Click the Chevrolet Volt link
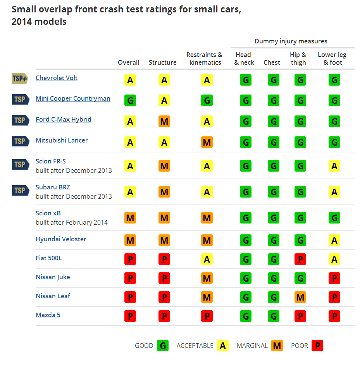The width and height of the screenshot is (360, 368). pos(57,78)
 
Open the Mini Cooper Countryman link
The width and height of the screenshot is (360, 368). pos(73,98)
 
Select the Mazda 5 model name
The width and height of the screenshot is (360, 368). pos(48,315)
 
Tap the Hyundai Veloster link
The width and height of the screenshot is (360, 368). pos(61,239)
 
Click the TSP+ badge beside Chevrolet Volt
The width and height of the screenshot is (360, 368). pos(20,79)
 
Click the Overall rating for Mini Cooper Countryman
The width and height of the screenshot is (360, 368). pos(130,101)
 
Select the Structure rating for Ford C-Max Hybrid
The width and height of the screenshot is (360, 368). pos(164,122)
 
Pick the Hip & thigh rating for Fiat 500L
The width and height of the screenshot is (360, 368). pos(300,260)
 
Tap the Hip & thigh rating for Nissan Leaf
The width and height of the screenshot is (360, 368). pos(300,297)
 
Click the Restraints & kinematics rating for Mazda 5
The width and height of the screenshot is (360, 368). pos(207,316)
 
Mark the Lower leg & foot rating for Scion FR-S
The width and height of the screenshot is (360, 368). pos(334,166)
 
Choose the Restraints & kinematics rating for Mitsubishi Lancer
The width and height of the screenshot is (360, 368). pos(207,143)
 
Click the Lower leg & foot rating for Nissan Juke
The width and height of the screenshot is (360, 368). pos(334,279)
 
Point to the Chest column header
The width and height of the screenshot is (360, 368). pos(272,62)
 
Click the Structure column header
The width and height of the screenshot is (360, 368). pos(163,62)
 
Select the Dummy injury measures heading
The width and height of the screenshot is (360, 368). pos(291,41)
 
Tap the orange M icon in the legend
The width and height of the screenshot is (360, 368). pos(277,346)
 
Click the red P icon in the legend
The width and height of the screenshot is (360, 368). pos(317,346)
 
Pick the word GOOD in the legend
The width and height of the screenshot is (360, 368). pos(144,346)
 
